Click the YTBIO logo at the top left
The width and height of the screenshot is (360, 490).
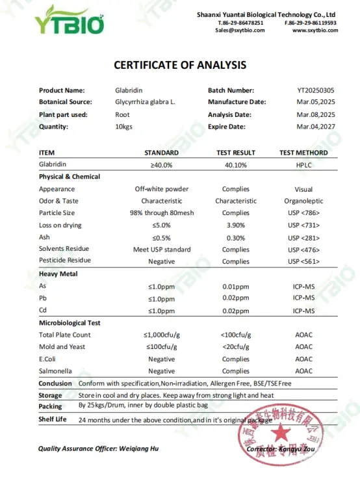point(70,19)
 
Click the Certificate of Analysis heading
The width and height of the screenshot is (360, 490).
point(180,65)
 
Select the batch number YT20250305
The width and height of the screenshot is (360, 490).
point(315,90)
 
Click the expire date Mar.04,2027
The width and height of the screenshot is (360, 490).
point(315,127)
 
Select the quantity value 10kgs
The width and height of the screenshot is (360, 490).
point(123,127)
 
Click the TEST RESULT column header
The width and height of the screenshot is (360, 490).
point(235,153)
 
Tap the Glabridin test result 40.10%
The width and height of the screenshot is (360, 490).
point(235,164)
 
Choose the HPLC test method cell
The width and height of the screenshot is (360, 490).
point(303,164)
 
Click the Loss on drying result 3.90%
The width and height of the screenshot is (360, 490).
point(235,225)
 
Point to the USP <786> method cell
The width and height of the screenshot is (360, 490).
point(303,213)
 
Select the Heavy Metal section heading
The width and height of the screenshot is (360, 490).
point(58,274)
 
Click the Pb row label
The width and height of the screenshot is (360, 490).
point(43,298)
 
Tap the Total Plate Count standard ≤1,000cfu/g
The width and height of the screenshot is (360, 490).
point(161,335)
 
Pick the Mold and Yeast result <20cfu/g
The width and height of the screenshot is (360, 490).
point(235,347)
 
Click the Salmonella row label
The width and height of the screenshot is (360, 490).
point(55,371)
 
